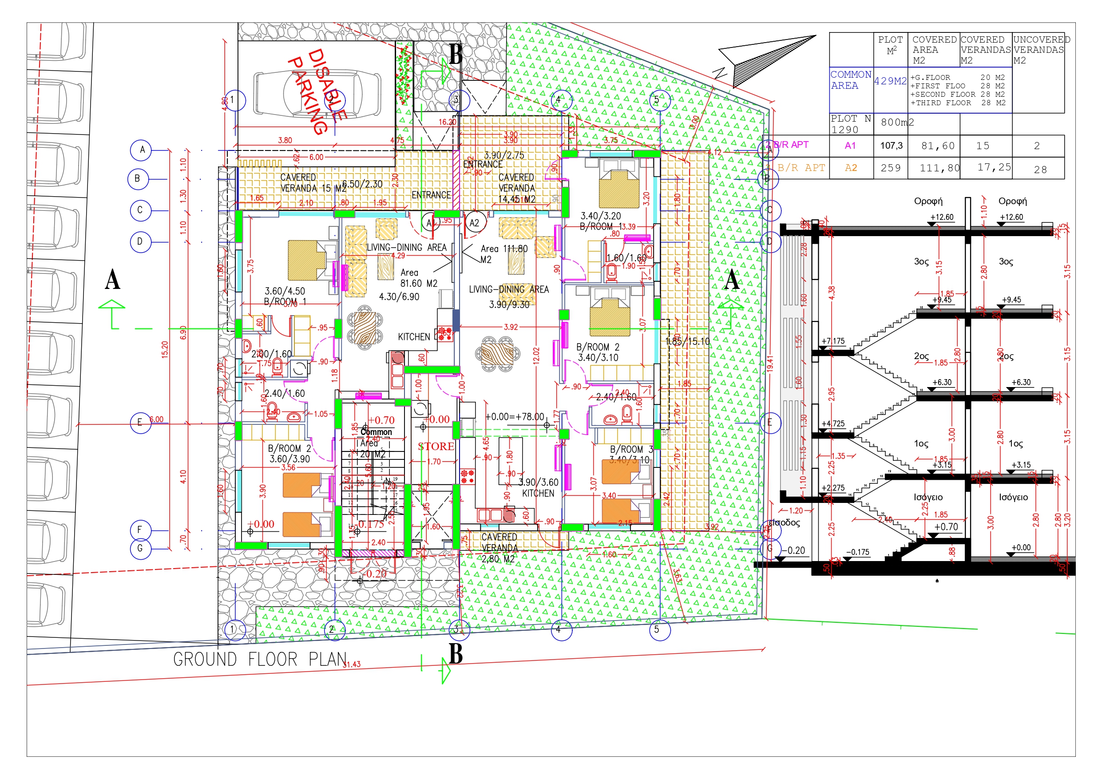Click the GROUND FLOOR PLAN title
(x=260, y=660)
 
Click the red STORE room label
(x=436, y=447)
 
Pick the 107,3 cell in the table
(x=891, y=146)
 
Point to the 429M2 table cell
(x=890, y=81)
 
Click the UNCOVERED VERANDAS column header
(x=1041, y=50)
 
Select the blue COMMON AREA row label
(x=851, y=80)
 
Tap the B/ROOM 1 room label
(x=285, y=301)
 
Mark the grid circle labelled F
(x=140, y=530)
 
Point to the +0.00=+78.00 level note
(x=515, y=417)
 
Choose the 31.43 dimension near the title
(x=351, y=664)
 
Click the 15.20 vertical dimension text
(x=165, y=349)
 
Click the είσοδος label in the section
(x=784, y=523)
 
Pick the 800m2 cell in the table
(x=897, y=123)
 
